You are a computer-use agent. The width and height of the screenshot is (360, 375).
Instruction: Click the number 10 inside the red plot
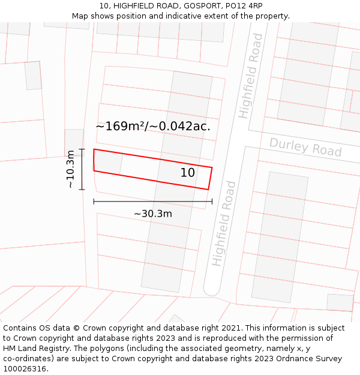click(x=188, y=173)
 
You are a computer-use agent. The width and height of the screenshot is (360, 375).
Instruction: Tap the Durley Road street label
click(x=305, y=147)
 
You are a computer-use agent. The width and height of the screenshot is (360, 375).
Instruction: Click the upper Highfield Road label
click(x=251, y=76)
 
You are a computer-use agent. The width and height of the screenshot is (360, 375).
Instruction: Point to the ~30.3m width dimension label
click(x=152, y=214)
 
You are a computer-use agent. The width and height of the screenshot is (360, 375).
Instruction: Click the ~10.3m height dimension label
click(x=70, y=169)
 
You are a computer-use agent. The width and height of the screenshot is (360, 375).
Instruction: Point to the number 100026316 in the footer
click(x=26, y=369)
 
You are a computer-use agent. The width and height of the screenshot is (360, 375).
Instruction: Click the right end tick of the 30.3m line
click(x=212, y=202)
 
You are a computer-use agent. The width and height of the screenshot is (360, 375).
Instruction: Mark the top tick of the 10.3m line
click(x=82, y=149)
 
